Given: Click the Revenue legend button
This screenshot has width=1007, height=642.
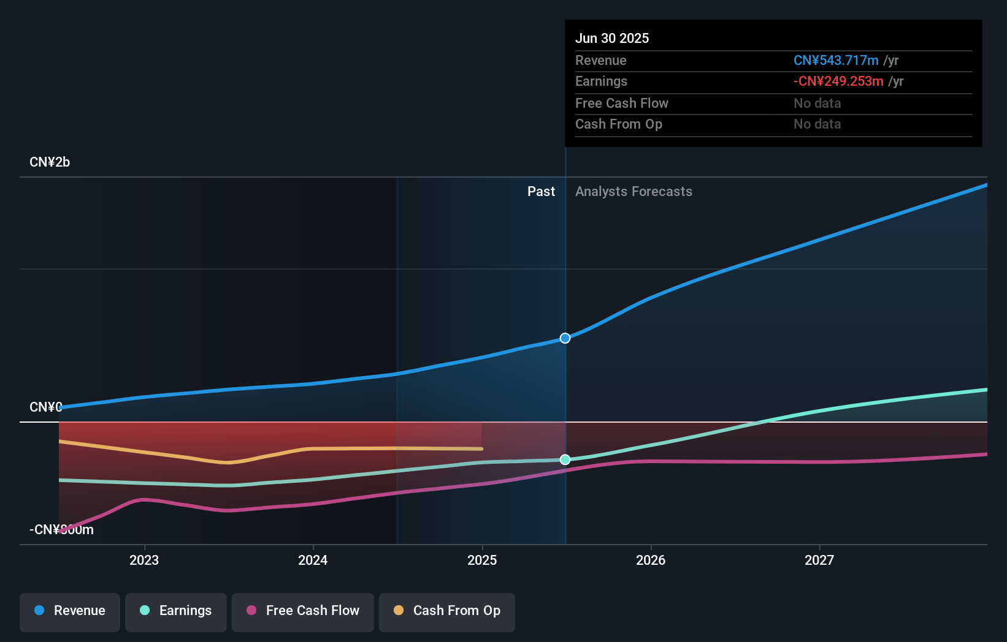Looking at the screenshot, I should tap(70, 611).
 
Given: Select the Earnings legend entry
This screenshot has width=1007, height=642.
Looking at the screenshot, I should tap(176, 611).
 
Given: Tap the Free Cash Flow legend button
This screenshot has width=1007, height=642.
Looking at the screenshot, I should tap(303, 611).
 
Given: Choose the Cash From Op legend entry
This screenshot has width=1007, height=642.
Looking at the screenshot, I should tap(447, 611).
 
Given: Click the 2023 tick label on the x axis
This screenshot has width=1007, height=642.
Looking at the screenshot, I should tap(144, 561).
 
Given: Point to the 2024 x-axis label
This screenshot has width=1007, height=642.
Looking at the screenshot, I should tap(313, 561).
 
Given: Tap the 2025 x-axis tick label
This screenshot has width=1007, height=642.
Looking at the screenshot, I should tap(482, 561).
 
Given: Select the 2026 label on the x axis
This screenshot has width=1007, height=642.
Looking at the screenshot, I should tap(651, 561).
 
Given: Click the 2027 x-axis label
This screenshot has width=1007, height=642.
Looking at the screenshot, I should tap(819, 561).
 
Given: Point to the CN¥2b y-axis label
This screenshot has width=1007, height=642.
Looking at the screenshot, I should tap(50, 162).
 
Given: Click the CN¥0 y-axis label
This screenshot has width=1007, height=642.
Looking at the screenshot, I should tap(45, 407).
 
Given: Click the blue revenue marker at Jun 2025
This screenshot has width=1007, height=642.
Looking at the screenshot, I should tap(565, 338).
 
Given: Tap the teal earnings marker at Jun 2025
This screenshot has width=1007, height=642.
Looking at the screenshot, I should tap(565, 459).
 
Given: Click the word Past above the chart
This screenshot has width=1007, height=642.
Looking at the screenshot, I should tap(541, 192).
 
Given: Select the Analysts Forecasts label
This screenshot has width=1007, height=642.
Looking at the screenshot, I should tap(634, 192).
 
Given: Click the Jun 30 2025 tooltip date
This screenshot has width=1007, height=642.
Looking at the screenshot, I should tap(611, 39).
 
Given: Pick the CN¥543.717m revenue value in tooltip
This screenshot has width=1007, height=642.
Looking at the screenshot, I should tap(836, 61).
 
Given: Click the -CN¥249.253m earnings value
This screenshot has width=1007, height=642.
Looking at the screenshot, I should tap(838, 81).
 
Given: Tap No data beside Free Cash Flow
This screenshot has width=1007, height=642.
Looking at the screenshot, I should tap(817, 104).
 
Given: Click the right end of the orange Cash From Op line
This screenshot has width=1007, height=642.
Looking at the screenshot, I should tap(481, 449).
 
